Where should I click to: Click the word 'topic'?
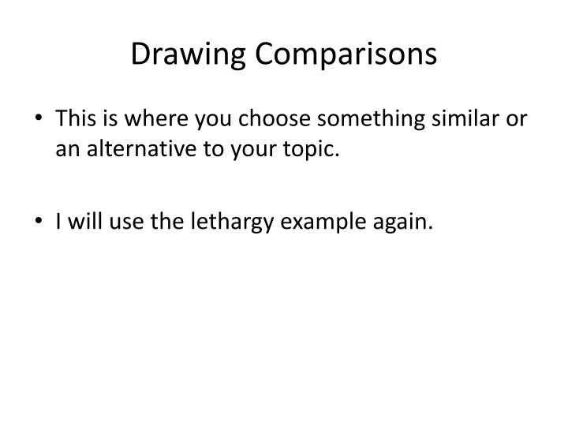point(313,149)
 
